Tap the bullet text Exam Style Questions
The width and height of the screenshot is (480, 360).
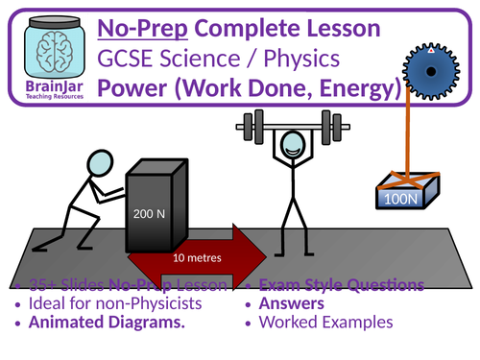[x=336, y=285]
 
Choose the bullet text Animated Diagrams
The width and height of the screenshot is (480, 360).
[x=106, y=324]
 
